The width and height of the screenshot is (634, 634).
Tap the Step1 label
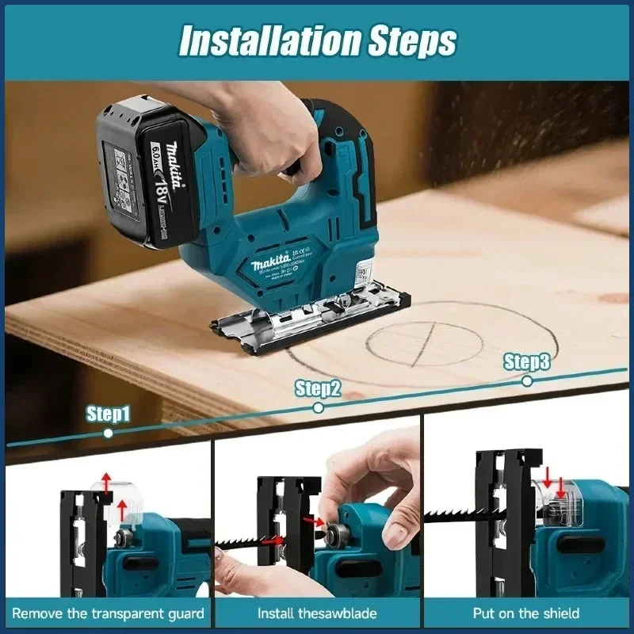click(108, 414)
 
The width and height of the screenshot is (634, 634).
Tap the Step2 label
click(318, 388)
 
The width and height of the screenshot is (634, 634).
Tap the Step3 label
click(527, 362)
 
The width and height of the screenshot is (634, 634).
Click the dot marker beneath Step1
click(109, 433)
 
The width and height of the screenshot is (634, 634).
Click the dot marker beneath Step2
click(318, 407)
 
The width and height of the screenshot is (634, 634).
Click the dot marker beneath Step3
click(527, 381)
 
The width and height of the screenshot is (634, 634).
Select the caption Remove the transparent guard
click(108, 613)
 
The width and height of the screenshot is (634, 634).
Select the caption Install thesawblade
click(317, 613)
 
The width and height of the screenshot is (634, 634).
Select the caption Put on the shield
click(526, 613)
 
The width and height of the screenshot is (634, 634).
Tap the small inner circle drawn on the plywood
click(424, 344)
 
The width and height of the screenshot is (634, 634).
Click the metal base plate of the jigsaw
click(309, 321)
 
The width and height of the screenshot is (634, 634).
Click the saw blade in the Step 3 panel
click(452, 515)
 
